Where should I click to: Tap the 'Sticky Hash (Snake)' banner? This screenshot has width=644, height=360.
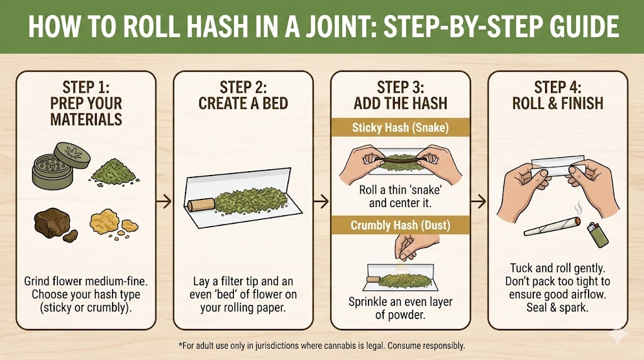pos(400,128)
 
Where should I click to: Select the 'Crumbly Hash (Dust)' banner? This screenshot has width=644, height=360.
pos(400,224)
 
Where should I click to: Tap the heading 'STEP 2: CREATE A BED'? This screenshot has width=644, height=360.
pos(243,95)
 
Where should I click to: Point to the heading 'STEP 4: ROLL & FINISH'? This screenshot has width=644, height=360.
pos(558,95)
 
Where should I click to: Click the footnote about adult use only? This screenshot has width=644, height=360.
pos(321,346)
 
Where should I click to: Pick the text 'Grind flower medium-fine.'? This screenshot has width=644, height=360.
pos(86,281)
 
